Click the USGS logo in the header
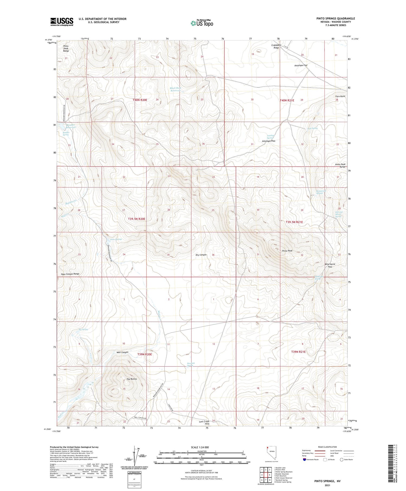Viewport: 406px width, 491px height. (62, 22)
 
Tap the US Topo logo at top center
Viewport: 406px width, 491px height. (202, 23)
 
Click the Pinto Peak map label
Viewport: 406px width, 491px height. (287, 251)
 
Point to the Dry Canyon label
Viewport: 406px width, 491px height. (201, 255)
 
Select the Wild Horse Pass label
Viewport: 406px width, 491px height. (330, 265)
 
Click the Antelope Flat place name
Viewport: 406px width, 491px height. (301, 65)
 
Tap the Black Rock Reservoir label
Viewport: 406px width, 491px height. (175, 89)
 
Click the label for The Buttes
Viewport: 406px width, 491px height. (132, 379)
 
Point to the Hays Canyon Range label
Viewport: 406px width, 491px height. (70, 274)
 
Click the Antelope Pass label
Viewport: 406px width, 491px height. (269, 141)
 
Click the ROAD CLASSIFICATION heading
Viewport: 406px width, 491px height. (328, 447)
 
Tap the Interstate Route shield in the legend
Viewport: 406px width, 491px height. (304, 460)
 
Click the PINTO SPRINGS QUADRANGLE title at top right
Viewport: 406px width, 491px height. (336, 18)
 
